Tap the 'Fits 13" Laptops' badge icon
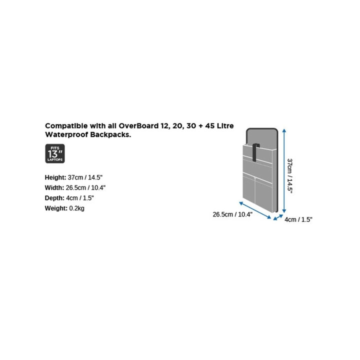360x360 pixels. tap(55, 153)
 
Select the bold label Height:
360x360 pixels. tap(55, 177)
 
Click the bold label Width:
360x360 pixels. tap(54, 188)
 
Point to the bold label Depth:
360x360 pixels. tap(54, 198)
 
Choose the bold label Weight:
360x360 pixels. tap(56, 208)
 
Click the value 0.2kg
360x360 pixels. tap(76, 208)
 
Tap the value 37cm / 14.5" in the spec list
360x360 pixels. tap(85, 177)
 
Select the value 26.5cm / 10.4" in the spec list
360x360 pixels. tap(85, 188)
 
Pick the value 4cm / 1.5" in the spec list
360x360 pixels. tap(80, 198)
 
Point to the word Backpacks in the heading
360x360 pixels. tap(110, 134)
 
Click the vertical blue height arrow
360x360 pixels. tap(284, 171)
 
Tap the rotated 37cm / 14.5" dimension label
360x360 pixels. tap(289, 176)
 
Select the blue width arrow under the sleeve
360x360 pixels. tap(255, 210)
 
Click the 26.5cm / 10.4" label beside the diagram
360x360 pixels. tap(232, 214)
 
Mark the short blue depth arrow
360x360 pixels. tap(278, 217)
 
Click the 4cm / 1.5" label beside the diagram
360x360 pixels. tap(298, 219)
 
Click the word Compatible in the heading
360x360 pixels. tap(66, 126)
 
